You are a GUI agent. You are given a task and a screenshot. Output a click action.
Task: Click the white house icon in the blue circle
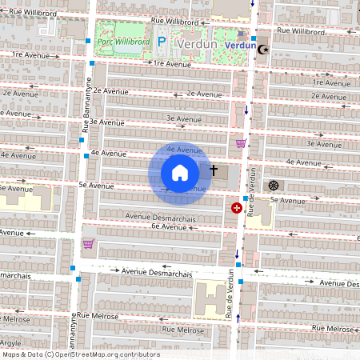[180, 172]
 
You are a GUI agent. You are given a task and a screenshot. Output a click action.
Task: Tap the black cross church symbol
[214, 170]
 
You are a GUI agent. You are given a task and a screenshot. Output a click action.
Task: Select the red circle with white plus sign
[237, 208]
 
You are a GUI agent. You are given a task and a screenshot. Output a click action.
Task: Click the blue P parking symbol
[161, 42]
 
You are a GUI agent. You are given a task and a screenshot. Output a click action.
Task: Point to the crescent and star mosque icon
[263, 49]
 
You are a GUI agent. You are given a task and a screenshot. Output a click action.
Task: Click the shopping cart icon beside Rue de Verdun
[241, 143]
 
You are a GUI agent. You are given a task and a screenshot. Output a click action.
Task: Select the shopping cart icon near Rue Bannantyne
[89, 244]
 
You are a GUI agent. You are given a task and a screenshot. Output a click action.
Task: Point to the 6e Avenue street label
[168, 227]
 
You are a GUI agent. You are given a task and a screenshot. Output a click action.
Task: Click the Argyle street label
[11, 342]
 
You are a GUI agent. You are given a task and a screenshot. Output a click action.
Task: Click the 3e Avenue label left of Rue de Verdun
[181, 118]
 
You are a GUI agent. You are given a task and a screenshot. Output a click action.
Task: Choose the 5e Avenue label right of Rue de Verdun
[285, 199]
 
